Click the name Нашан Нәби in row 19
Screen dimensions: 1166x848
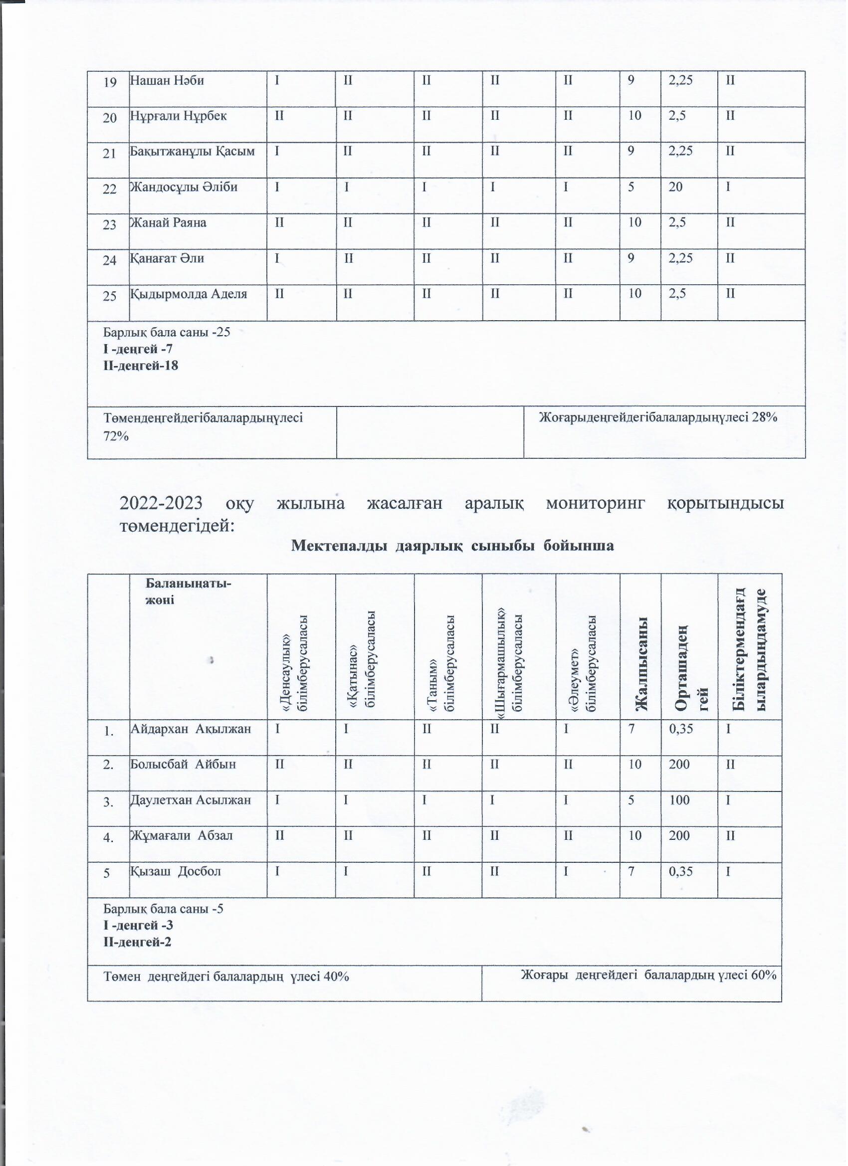tap(167, 81)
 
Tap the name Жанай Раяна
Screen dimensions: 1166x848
tap(168, 223)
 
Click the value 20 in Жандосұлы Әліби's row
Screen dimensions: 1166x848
tap(676, 187)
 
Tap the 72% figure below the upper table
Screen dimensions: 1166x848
tap(116, 436)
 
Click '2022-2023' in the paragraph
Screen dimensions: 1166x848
tap(161, 503)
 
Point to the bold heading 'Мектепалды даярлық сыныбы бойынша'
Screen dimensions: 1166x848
tap(452, 546)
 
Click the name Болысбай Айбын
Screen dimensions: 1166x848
tap(183, 765)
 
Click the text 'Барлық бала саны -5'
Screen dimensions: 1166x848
tap(164, 909)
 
